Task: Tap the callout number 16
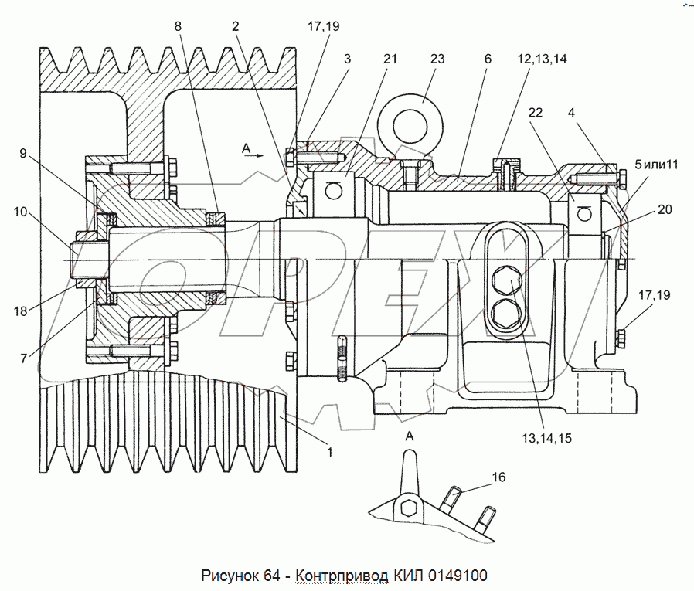coord(499,478)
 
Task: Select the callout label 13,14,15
coord(546,438)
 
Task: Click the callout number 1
coord(330,452)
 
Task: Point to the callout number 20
coord(665,209)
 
